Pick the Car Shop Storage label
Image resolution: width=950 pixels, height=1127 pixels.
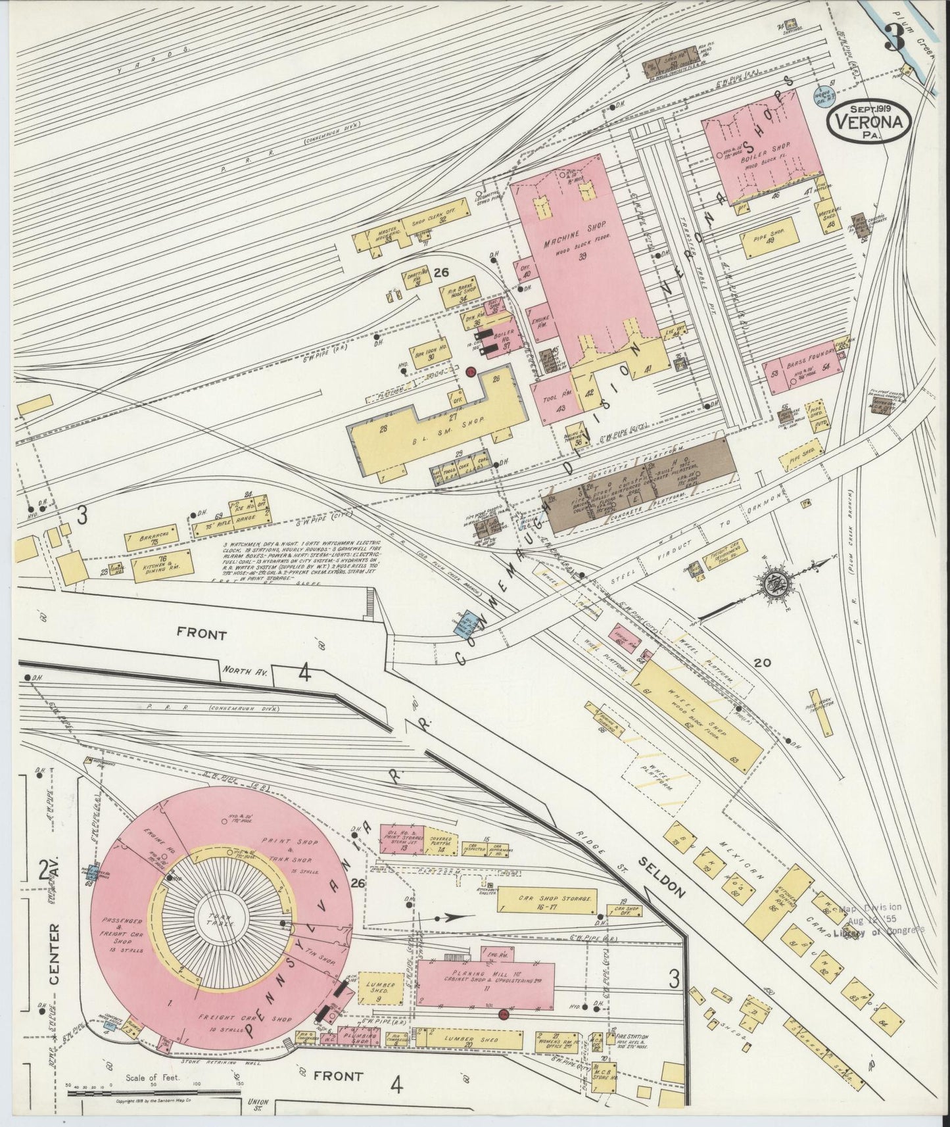[547, 898]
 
